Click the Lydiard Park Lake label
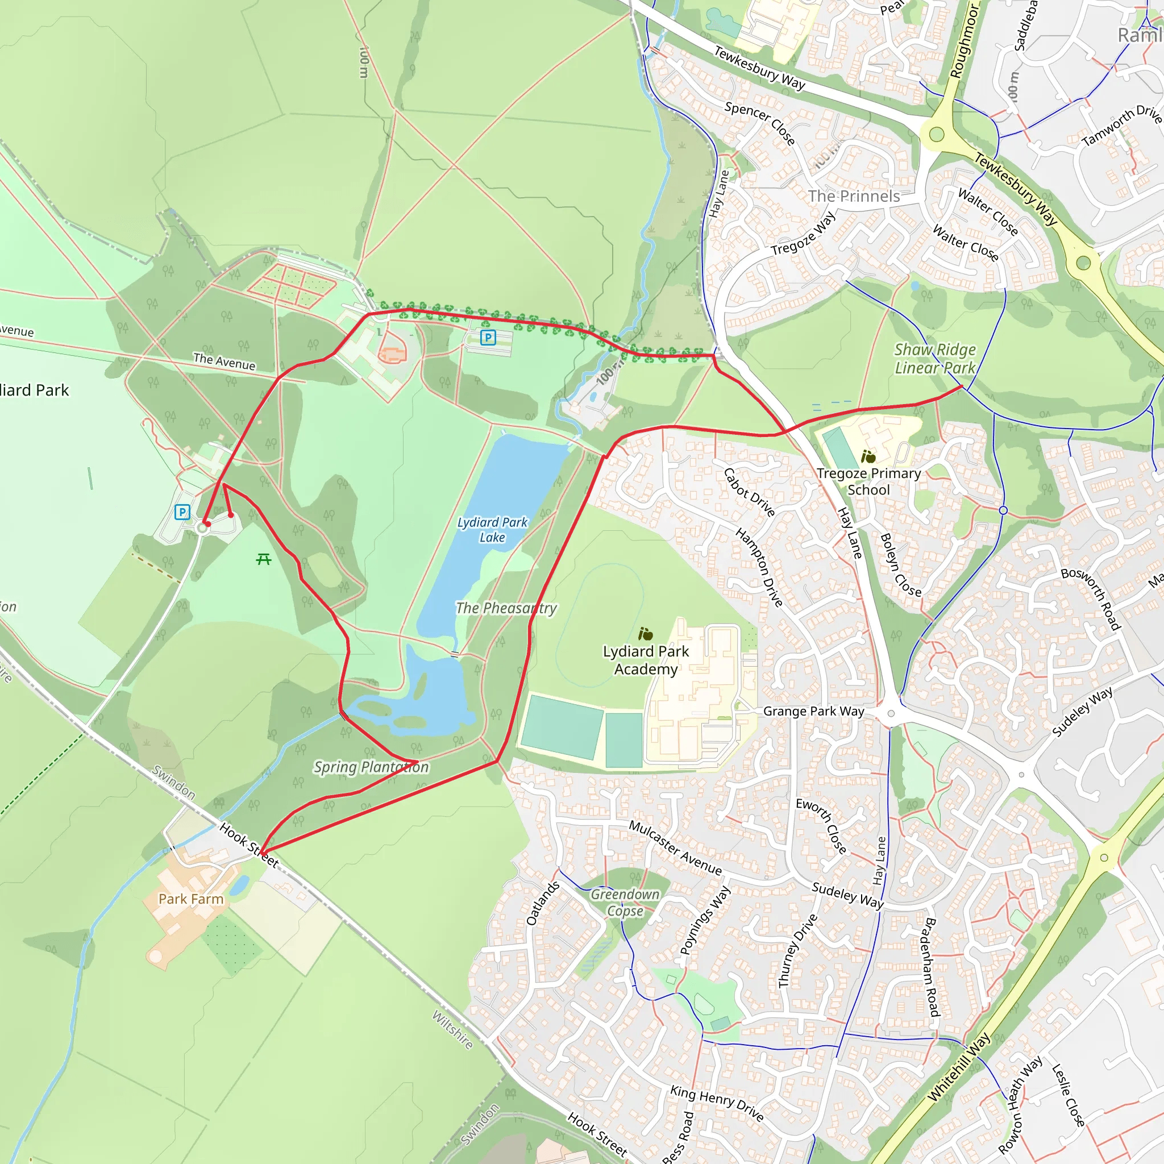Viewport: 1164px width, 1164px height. click(x=492, y=530)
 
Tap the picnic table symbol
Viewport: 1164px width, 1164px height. click(x=263, y=559)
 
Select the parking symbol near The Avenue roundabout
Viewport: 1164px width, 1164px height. click(x=182, y=512)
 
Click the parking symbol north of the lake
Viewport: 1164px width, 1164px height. click(x=488, y=338)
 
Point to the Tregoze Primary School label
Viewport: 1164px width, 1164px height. click(x=868, y=481)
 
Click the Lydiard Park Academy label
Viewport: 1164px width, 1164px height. click(x=646, y=660)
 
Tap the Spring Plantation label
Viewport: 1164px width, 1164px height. click(x=371, y=767)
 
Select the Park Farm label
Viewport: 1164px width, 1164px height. click(x=191, y=899)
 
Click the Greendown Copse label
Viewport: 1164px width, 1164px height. click(x=625, y=902)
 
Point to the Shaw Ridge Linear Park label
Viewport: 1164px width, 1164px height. click(x=934, y=359)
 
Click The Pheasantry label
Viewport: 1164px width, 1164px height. click(x=506, y=608)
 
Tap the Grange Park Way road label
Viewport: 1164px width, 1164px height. click(x=813, y=711)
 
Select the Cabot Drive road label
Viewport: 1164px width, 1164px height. click(x=749, y=492)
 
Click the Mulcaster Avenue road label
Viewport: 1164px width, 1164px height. click(x=675, y=847)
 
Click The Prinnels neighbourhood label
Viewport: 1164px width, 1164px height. click(x=854, y=197)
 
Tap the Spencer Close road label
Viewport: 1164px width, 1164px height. click(x=760, y=123)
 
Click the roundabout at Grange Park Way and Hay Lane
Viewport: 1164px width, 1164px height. click(x=891, y=714)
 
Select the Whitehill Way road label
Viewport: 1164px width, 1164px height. click(x=958, y=1066)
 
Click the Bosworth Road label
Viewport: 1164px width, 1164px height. click(x=1091, y=598)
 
